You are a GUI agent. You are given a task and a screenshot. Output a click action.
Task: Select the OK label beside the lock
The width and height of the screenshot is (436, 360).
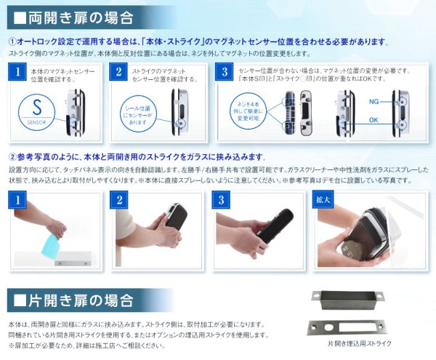374,120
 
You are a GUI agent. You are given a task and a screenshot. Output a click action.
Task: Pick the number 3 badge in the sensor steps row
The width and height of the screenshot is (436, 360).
225,72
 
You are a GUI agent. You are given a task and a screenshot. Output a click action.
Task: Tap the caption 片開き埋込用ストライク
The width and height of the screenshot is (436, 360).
359,343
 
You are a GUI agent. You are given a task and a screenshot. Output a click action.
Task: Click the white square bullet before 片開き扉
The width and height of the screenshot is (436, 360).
20,300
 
